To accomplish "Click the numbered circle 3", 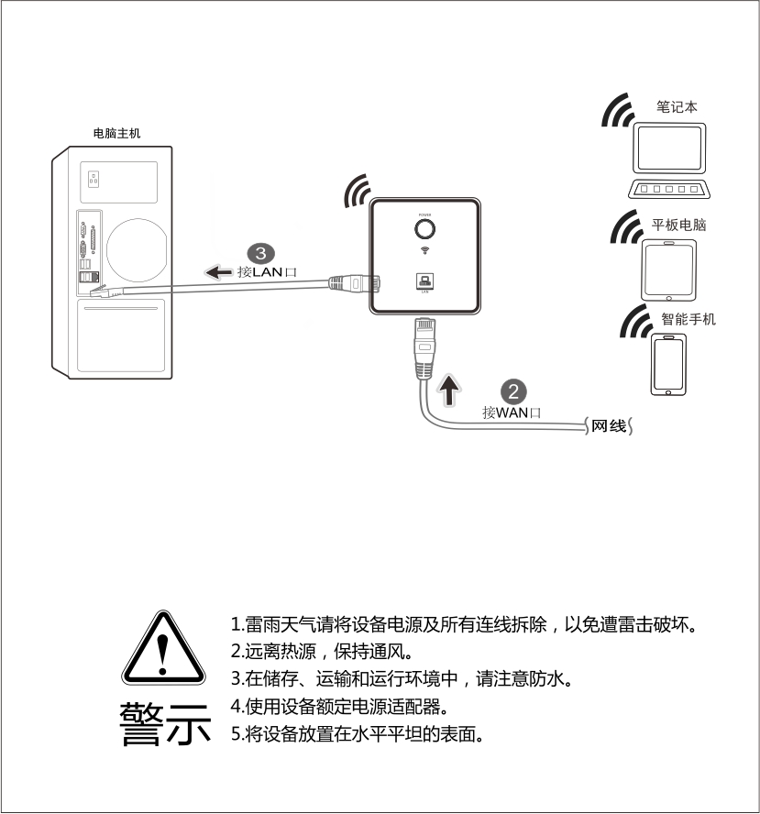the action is (x=260, y=253).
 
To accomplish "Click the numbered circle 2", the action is (x=512, y=392).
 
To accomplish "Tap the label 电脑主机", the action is (x=116, y=134).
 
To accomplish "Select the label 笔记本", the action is (x=677, y=106).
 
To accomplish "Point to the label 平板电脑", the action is (x=678, y=225).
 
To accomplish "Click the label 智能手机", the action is (x=688, y=319).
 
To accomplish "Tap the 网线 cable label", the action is (x=609, y=426).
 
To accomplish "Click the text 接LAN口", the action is (x=267, y=272).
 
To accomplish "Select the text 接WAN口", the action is (x=512, y=412).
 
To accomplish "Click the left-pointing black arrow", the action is (x=218, y=271).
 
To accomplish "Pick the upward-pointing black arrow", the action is (x=448, y=390).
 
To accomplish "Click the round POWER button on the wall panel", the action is (x=424, y=229).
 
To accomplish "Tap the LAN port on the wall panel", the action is (x=424, y=280).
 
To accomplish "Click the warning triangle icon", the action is (x=163, y=648).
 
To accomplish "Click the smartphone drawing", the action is (x=668, y=365).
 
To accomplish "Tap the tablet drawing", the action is (x=668, y=269).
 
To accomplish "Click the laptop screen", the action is (x=669, y=148).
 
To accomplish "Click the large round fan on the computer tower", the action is (x=137, y=249).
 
